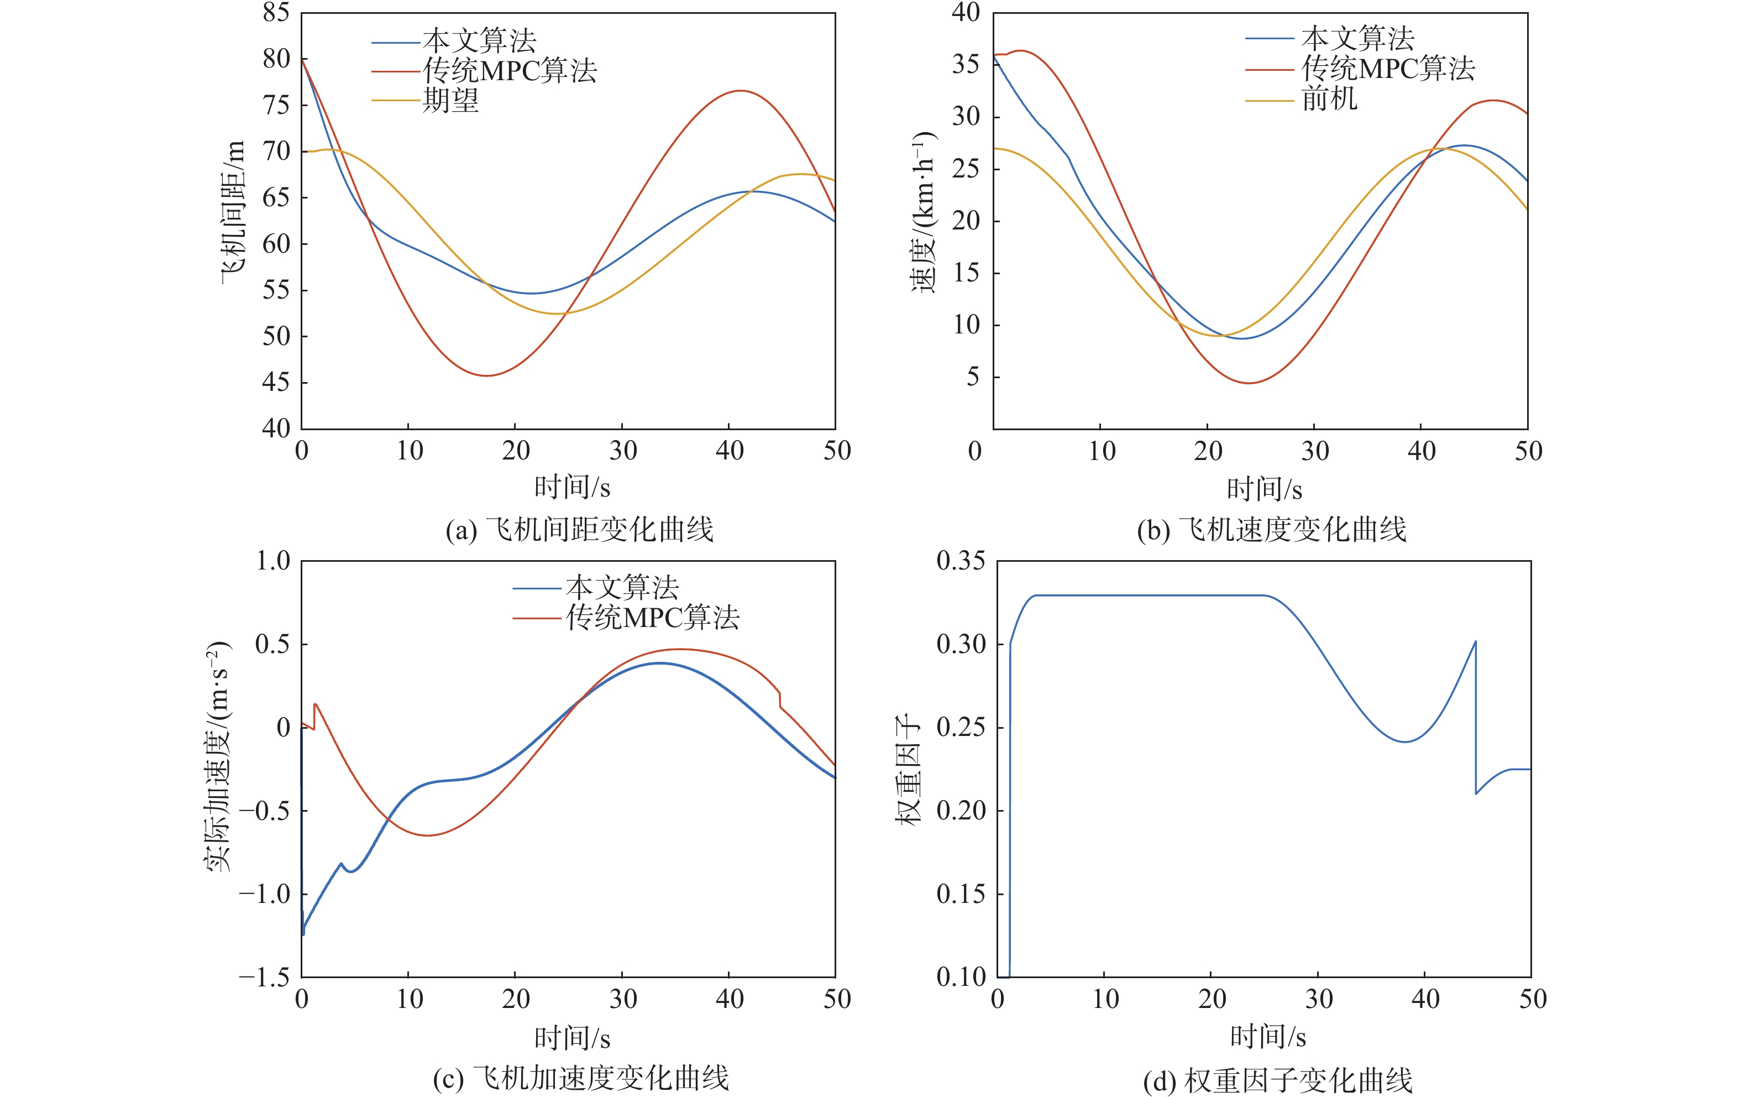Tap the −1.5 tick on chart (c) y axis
(265, 977)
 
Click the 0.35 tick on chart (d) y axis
(960, 561)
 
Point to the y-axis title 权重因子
(908, 770)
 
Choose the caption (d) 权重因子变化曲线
(1277, 1080)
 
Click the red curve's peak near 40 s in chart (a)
(741, 91)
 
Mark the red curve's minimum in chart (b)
(1248, 383)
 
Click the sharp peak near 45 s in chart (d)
(1475, 641)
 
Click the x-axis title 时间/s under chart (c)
(572, 1038)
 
